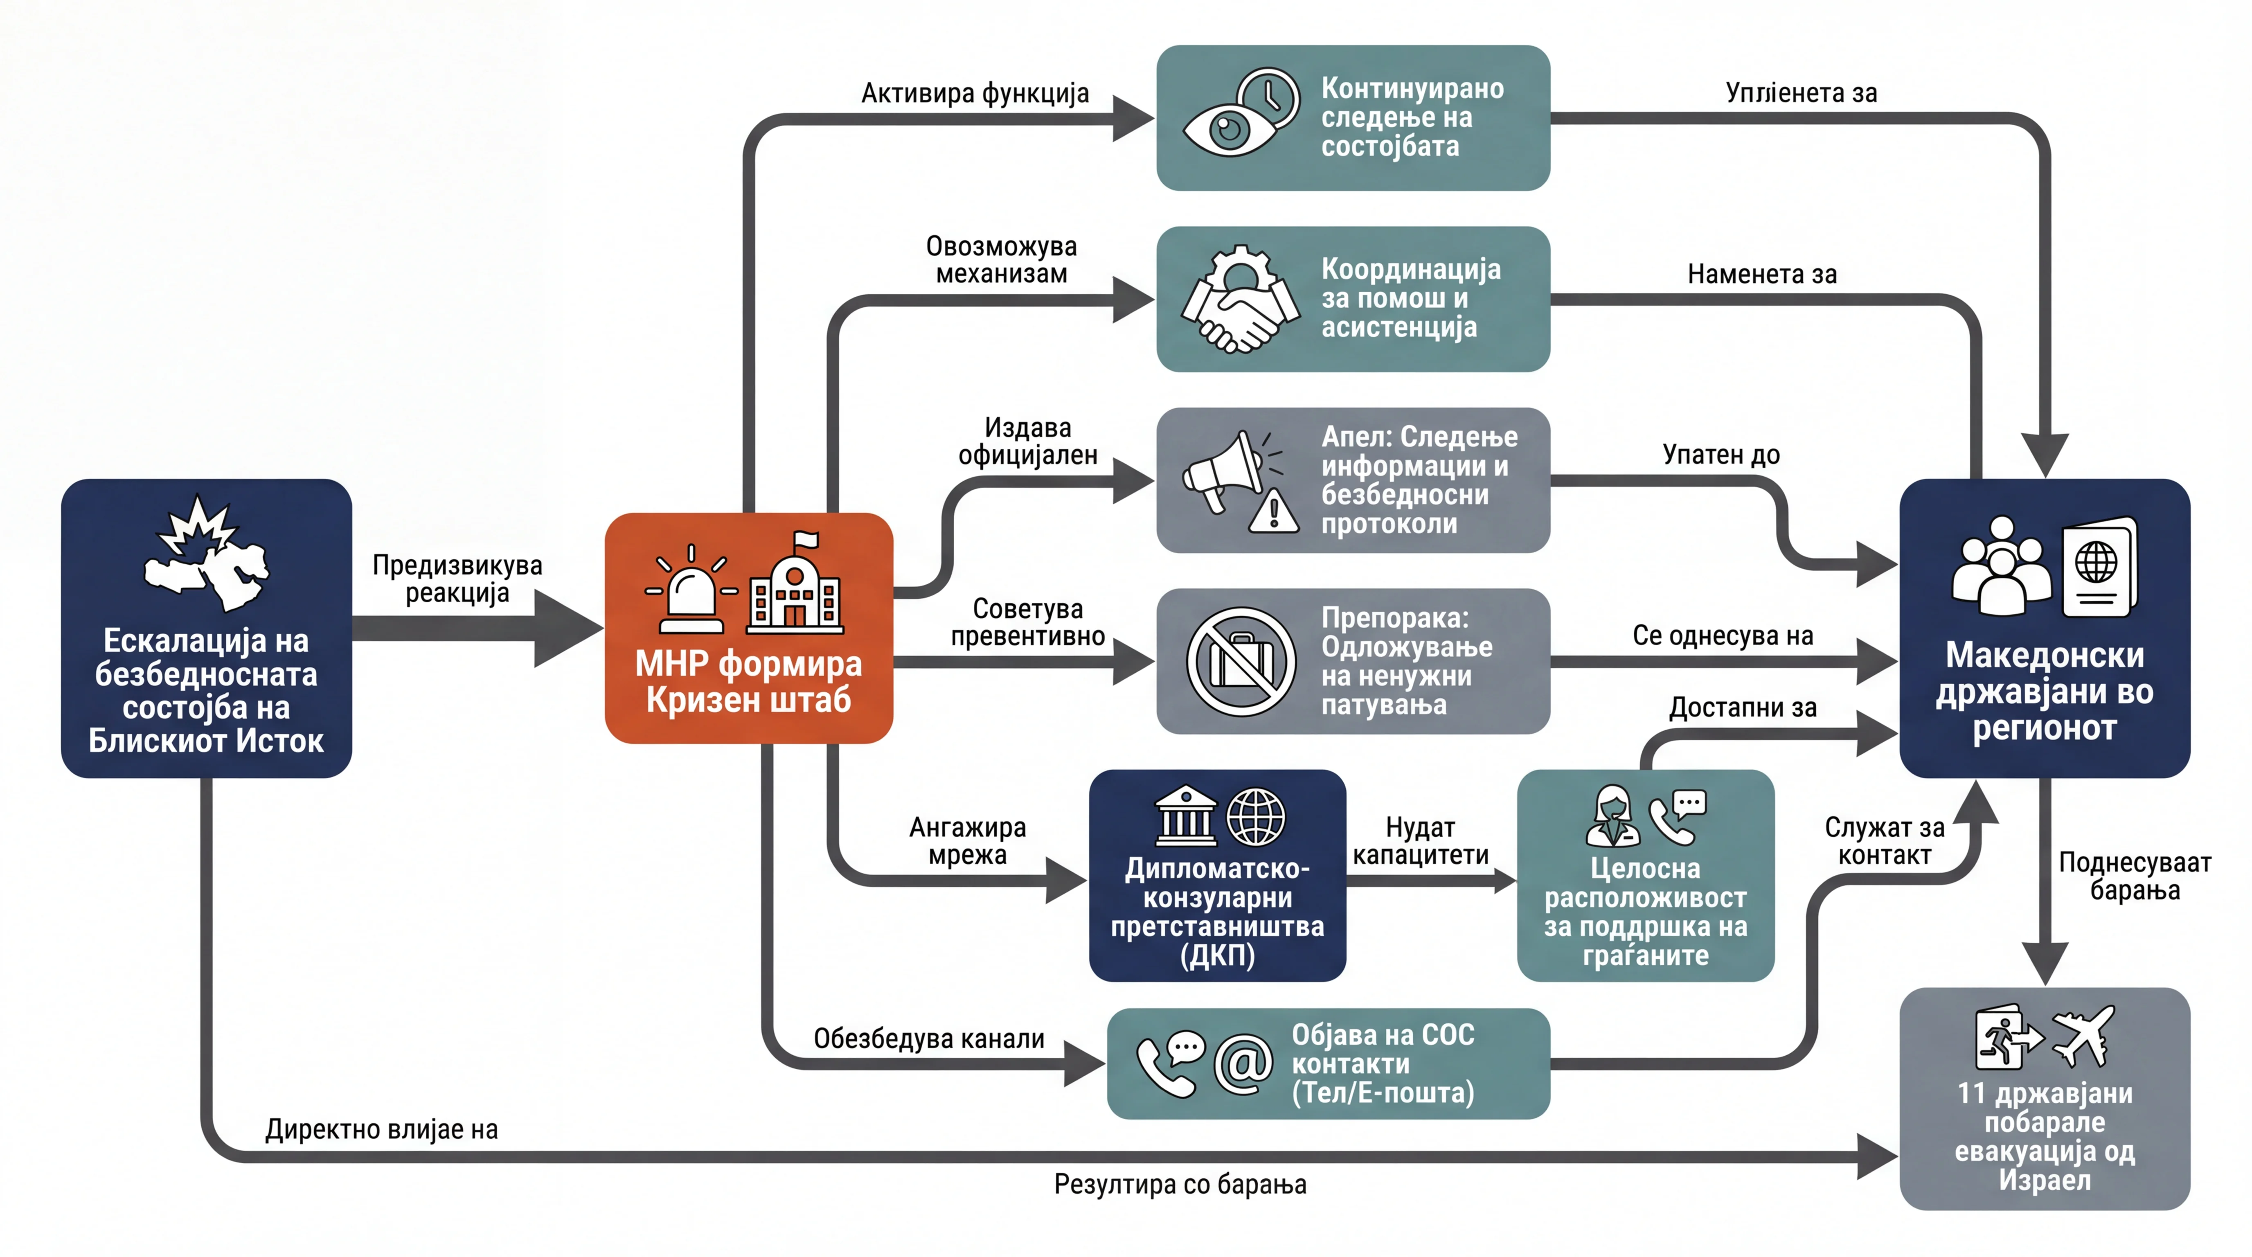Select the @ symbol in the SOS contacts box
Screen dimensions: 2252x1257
click(1242, 1064)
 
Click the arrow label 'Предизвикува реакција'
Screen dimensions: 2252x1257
click(457, 579)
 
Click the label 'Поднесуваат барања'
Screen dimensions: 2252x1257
click(2135, 876)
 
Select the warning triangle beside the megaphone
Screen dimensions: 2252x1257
click(1274, 511)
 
